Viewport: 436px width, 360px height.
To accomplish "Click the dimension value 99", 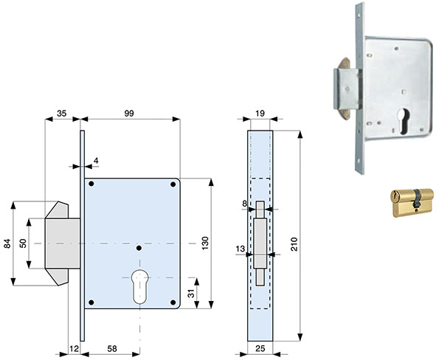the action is click(x=129, y=114).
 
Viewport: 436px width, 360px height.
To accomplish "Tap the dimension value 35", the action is click(x=62, y=114).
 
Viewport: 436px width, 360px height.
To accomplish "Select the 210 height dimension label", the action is click(x=294, y=244).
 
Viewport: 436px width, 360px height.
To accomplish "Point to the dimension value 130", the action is click(x=205, y=243).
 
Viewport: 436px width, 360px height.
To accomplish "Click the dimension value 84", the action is click(x=7, y=243).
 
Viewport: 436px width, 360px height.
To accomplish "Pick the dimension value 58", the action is click(x=112, y=349).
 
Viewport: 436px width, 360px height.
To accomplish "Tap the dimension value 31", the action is click(x=191, y=294).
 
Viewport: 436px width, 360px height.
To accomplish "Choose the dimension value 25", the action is click(x=260, y=349).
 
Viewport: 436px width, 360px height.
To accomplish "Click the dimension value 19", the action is click(x=260, y=114).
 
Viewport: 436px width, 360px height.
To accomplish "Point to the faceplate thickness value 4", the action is click(x=96, y=161).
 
